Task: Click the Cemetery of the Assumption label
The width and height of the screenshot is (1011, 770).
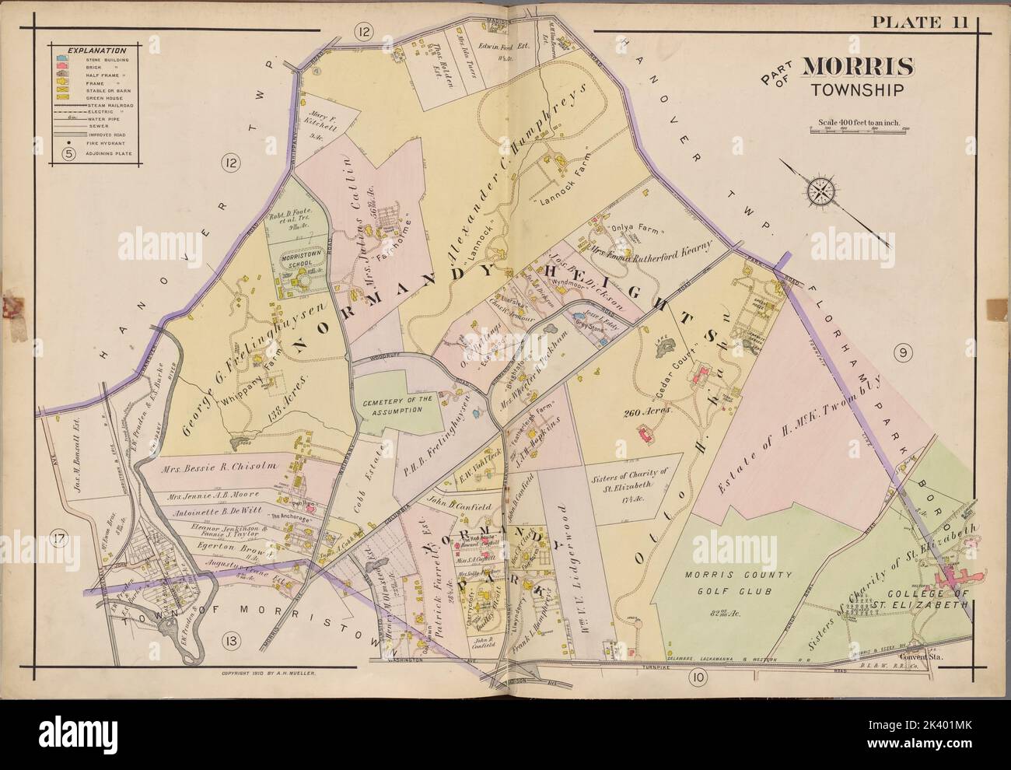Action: (392, 404)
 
